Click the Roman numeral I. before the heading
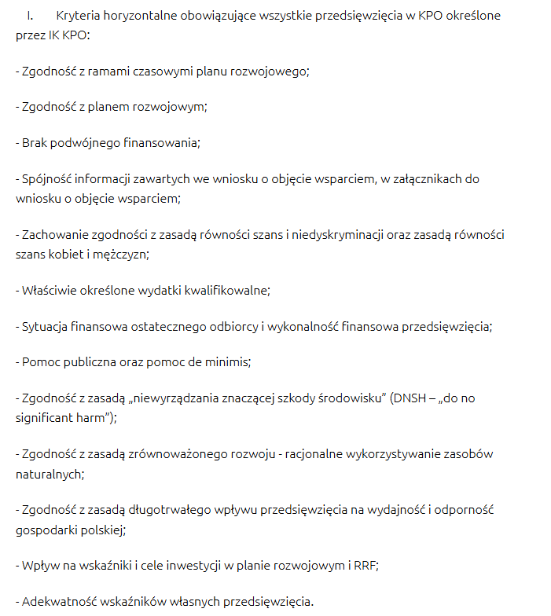29,16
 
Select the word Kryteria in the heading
78,16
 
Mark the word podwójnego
82,142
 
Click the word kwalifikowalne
227,290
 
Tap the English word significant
44,418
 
